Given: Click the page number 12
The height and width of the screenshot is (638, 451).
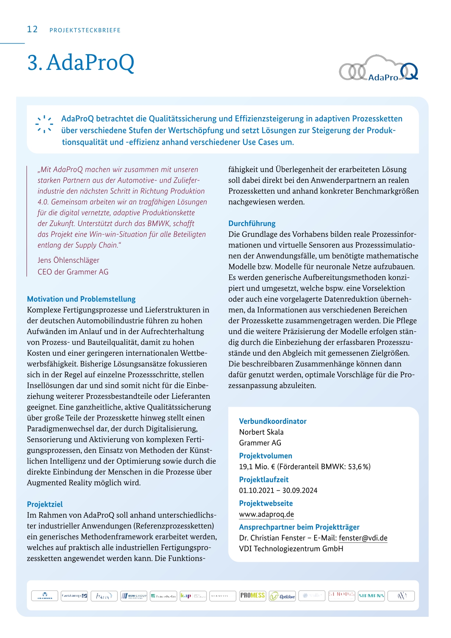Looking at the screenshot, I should (33, 30).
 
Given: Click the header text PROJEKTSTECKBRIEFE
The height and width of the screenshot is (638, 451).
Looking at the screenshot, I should (85, 30).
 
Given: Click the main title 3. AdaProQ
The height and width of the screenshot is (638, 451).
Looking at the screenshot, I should (81, 63).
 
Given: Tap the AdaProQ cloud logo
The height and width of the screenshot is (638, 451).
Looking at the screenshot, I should (378, 69).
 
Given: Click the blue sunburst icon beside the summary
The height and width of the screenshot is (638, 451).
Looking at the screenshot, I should (44, 124).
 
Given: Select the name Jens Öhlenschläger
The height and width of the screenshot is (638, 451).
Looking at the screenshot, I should (68, 260).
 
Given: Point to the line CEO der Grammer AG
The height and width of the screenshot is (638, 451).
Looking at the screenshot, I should (73, 272).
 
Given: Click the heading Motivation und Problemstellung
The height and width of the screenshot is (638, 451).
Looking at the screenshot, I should (81, 299).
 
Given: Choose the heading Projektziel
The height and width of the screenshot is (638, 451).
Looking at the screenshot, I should (45, 504).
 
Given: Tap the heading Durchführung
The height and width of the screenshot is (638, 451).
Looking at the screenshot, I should (252, 223).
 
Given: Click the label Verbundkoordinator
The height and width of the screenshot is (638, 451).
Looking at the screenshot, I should (272, 421).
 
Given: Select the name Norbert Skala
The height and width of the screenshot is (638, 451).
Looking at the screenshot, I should (261, 432).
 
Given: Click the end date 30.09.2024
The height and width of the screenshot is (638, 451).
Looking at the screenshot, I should (300, 491).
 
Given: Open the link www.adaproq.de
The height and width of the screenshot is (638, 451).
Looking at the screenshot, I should (266, 514).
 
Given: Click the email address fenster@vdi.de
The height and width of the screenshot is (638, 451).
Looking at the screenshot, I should (363, 538).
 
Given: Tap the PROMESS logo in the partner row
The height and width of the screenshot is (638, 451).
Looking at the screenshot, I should (252, 596).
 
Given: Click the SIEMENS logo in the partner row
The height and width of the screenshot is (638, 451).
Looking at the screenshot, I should (371, 596).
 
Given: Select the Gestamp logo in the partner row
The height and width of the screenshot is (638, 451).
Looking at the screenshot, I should (74, 596).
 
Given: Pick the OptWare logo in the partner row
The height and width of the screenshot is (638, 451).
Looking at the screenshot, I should (282, 596).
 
